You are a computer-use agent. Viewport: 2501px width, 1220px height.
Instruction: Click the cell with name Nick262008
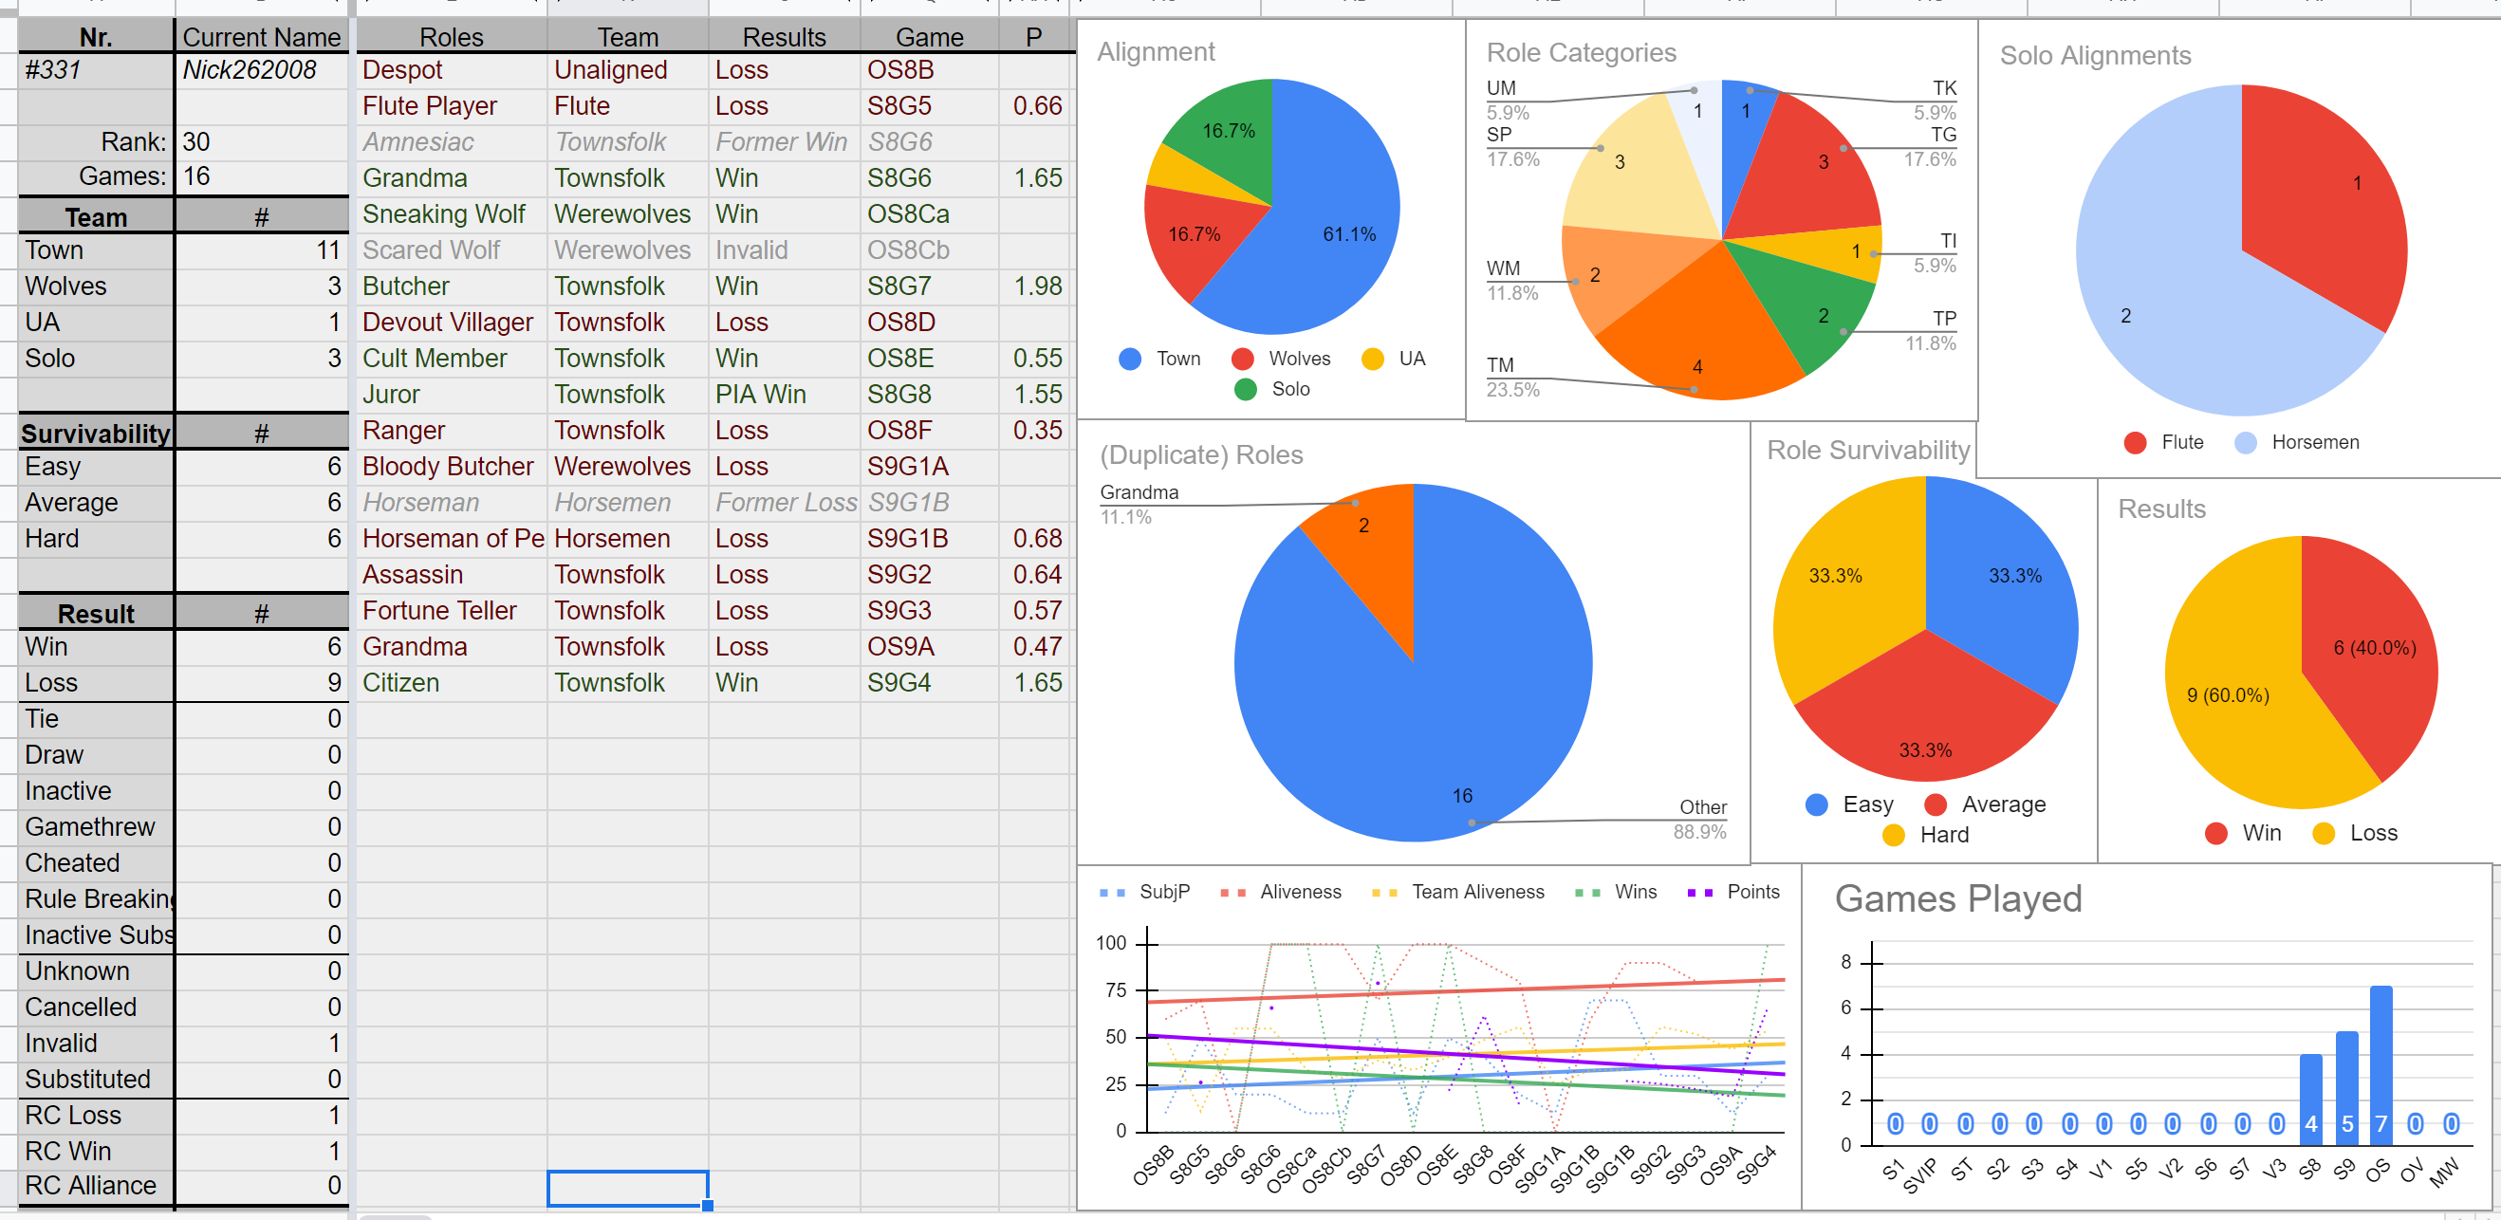(x=260, y=70)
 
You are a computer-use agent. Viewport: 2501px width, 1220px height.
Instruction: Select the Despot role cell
(x=452, y=70)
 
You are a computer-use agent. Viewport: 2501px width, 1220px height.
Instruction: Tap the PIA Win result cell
(x=784, y=394)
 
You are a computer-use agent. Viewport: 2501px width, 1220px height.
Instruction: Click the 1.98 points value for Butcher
(x=1036, y=287)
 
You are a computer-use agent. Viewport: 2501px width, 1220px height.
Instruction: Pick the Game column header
(x=929, y=37)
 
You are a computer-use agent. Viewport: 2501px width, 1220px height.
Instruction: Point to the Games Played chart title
(x=1957, y=898)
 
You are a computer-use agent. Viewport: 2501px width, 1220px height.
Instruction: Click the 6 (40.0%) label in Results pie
(x=2375, y=647)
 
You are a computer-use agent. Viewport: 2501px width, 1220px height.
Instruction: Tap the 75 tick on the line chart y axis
(x=1116, y=990)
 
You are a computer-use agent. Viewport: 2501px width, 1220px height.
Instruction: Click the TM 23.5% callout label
(x=1511, y=378)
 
